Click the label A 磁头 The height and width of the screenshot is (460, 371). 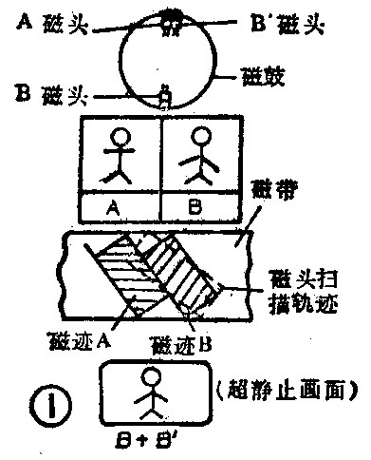tap(51, 23)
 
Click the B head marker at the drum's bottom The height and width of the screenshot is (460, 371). tap(166, 94)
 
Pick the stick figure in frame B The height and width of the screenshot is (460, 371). tap(201, 155)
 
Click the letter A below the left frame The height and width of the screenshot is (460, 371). tap(121, 204)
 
